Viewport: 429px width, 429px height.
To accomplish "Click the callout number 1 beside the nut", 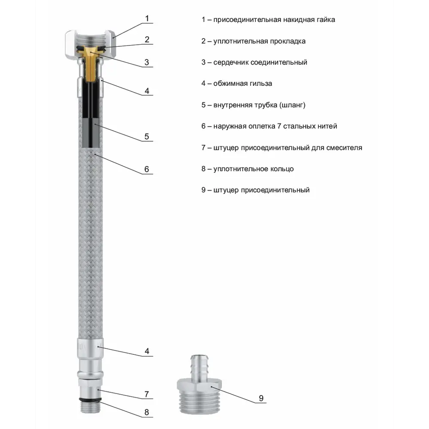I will tap(147, 18).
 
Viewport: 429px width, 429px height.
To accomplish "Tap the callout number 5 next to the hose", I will tap(147, 136).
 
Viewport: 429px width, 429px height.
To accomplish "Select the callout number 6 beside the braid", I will tap(147, 169).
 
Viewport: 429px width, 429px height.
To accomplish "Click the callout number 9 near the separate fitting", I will tap(261, 399).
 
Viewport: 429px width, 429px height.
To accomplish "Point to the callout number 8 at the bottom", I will tap(147, 413).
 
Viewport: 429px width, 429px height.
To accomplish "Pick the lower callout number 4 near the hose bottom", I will tap(147, 351).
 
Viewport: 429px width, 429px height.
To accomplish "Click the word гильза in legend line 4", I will tap(260, 84).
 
